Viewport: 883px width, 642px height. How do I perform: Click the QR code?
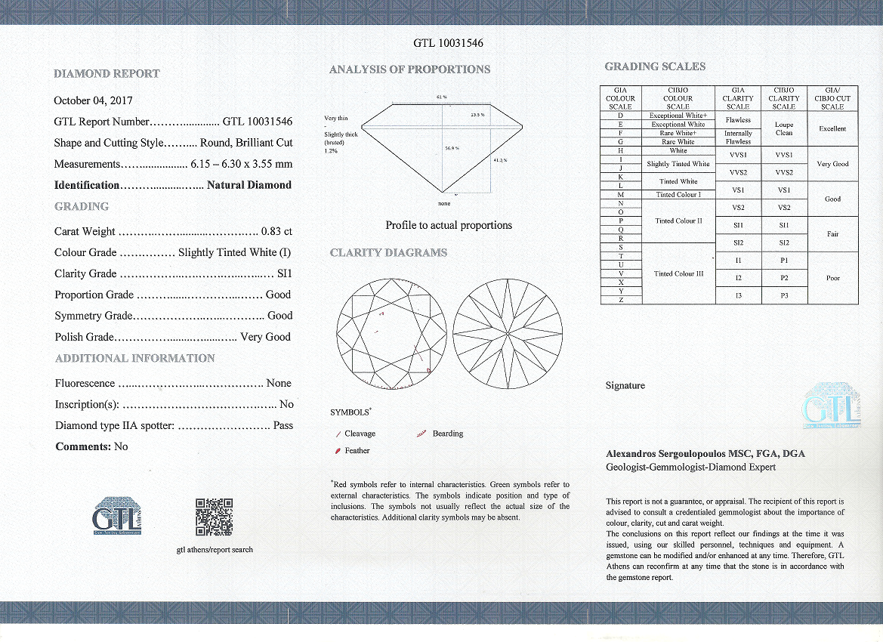point(214,517)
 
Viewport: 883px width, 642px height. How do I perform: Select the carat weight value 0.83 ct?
point(276,232)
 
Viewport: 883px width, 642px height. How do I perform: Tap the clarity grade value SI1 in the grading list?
point(284,274)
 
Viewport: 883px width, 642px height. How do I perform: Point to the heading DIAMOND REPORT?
point(107,74)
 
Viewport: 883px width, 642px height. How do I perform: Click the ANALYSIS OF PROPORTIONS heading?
point(409,69)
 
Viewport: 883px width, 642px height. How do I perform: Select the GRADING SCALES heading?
point(655,66)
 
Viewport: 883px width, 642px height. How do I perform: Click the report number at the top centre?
point(449,43)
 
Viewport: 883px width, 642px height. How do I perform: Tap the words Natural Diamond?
point(249,185)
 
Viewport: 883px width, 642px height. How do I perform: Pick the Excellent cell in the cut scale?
point(832,128)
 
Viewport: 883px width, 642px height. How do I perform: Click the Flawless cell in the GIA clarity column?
point(738,119)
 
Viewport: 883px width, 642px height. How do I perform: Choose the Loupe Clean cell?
point(784,128)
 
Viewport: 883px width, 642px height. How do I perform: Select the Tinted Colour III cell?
point(678,274)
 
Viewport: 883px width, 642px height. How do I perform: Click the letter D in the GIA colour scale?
point(620,116)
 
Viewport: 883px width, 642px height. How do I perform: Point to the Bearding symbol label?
point(448,434)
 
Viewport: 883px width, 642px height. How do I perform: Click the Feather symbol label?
point(357,451)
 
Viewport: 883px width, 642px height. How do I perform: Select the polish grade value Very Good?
point(265,338)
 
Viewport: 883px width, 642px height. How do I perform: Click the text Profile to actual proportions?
point(449,225)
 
